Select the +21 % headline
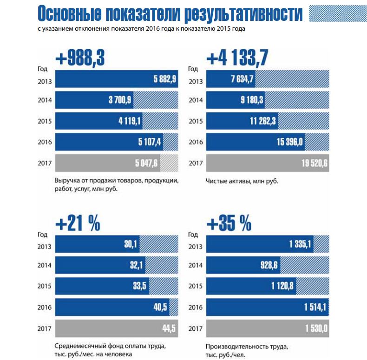[x=78, y=224]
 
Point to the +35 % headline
[x=229, y=224]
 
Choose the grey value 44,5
[x=168, y=328]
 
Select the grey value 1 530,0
[x=316, y=328]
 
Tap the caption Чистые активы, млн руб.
[x=242, y=180]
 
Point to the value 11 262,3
[x=263, y=121]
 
